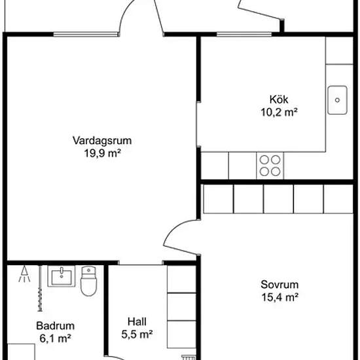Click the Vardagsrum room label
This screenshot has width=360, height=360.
tap(102, 141)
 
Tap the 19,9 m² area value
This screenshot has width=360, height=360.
tap(102, 153)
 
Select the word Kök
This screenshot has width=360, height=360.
tap(279, 99)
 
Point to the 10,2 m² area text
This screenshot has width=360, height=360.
tap(279, 113)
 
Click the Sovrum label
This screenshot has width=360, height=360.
tap(279, 285)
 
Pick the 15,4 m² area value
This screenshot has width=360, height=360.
tap(280, 297)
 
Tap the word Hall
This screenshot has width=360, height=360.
tap(137, 321)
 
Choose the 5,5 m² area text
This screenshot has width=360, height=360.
tap(137, 334)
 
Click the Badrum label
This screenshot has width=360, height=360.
tap(56, 326)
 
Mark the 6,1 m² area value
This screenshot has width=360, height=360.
tap(55, 338)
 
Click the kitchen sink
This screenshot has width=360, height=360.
tap(337, 100)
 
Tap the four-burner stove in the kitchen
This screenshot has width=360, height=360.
tap(270, 166)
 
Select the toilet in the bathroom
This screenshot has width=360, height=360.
tap(88, 281)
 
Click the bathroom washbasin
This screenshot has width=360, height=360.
tap(62, 276)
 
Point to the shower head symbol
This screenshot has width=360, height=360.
tap(24, 274)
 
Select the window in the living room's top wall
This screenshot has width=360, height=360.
tap(86, 35)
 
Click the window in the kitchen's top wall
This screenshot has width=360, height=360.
tap(244, 35)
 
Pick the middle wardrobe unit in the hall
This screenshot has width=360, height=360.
tap(181, 307)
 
